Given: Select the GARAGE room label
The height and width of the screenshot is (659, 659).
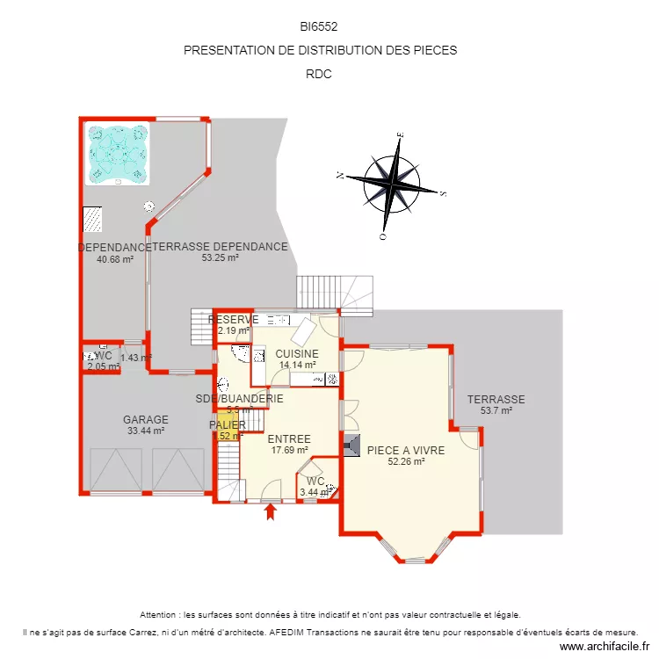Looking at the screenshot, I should (146, 420).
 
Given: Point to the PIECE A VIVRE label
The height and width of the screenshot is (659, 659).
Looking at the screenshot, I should (406, 449).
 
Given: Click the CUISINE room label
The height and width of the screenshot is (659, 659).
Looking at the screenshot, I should (297, 353).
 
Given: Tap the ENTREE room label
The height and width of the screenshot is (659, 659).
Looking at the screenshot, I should (289, 438).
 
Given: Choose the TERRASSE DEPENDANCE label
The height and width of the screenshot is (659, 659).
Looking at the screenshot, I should (220, 247).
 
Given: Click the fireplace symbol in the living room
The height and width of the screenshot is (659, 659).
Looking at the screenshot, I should (351, 446).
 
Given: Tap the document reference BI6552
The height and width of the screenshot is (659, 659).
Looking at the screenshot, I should (319, 27).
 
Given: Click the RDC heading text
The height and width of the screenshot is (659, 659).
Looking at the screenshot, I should (319, 74).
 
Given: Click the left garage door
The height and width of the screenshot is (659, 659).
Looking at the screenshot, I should (116, 469).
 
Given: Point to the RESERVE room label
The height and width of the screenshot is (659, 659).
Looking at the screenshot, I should (233, 320).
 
